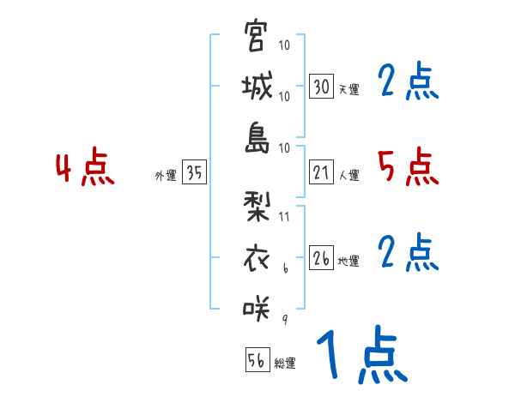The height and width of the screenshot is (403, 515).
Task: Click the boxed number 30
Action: [321, 87]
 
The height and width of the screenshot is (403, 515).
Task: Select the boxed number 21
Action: [321, 173]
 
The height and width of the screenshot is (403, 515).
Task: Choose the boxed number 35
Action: [194, 173]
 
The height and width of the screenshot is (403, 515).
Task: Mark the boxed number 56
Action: [257, 360]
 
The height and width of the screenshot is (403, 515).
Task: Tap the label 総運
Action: [284, 363]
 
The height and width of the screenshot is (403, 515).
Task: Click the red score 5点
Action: [408, 166]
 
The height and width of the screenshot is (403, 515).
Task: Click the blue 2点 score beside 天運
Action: [408, 82]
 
